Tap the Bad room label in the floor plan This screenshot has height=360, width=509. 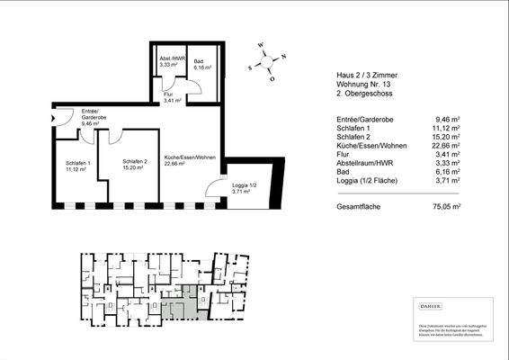coord(199,64)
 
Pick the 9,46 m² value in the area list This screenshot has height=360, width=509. coord(445,117)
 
